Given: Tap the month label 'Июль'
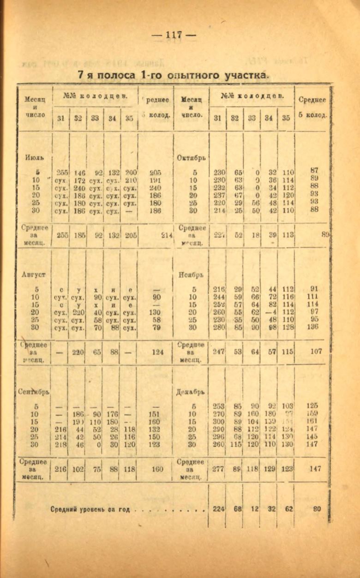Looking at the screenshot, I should pos(34,158).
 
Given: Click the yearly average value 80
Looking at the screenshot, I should pos(316,509).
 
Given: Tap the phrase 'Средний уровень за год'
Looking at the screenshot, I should pos(90,510).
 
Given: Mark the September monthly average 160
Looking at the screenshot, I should pos(157,469).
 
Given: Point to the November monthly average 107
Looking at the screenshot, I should pos(316,351).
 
